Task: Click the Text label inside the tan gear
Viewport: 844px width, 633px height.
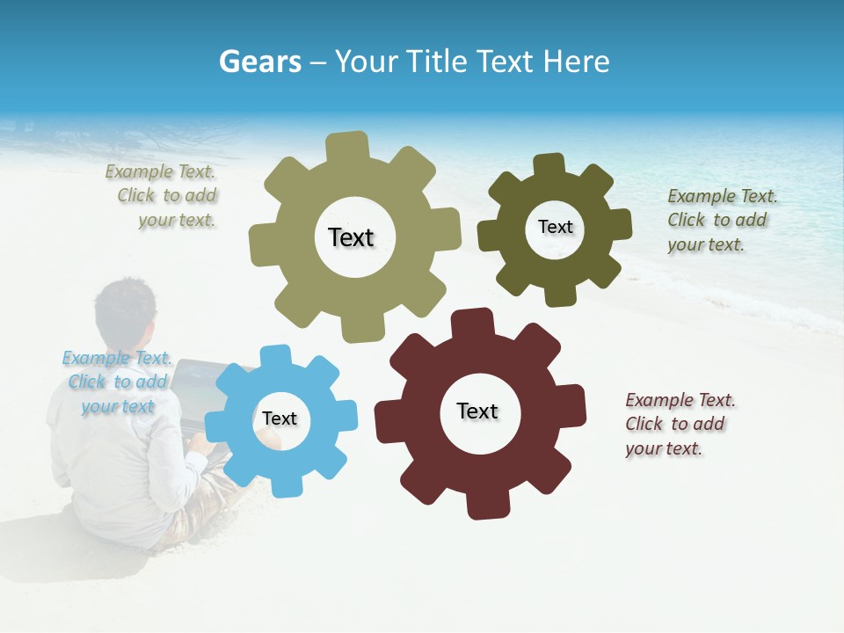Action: [351, 237]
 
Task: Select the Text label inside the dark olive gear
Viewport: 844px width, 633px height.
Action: [555, 227]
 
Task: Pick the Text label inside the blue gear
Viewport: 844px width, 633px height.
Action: [280, 418]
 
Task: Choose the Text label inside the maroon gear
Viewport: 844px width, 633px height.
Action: [477, 411]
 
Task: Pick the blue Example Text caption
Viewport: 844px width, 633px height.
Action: [116, 382]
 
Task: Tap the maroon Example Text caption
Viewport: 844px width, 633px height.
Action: [679, 424]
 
